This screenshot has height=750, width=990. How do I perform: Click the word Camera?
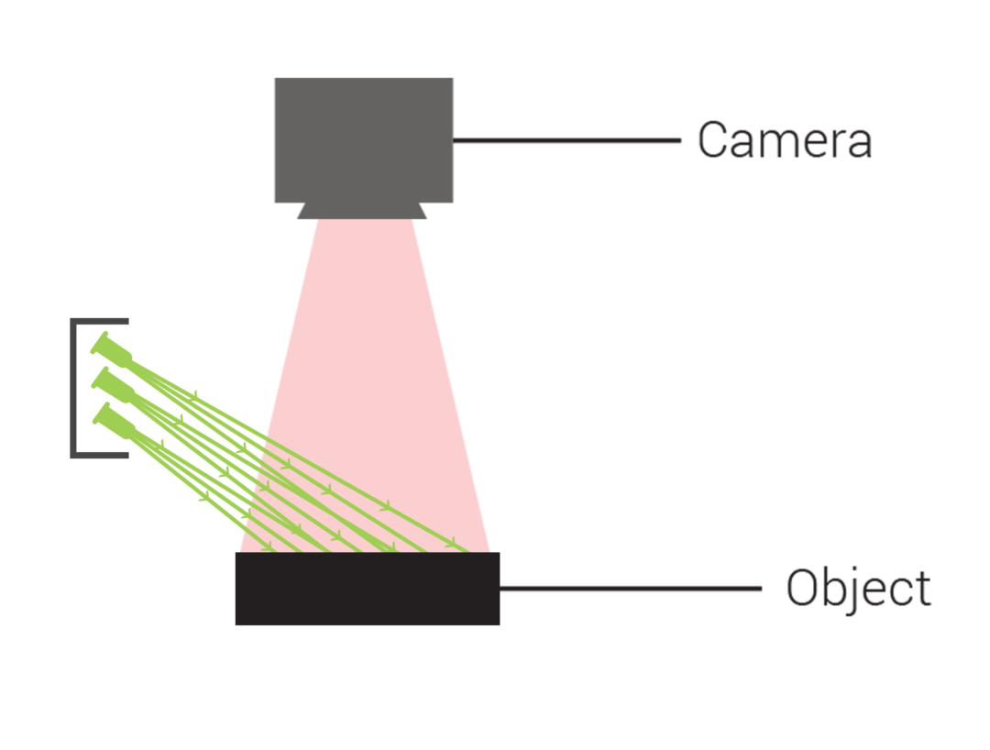(784, 141)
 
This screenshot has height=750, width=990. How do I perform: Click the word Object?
(858, 589)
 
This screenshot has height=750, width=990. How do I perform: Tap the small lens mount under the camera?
(362, 212)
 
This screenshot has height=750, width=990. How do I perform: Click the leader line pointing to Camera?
(568, 141)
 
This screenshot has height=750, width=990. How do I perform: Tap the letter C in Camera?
(712, 141)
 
